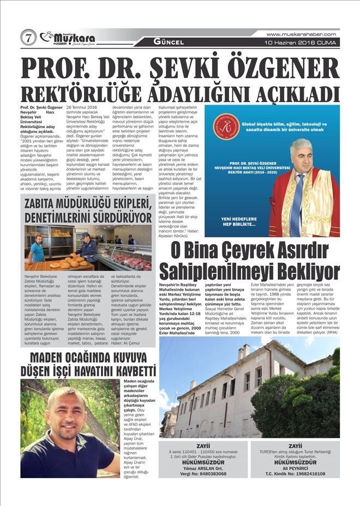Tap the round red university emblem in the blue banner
click(226, 127)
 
